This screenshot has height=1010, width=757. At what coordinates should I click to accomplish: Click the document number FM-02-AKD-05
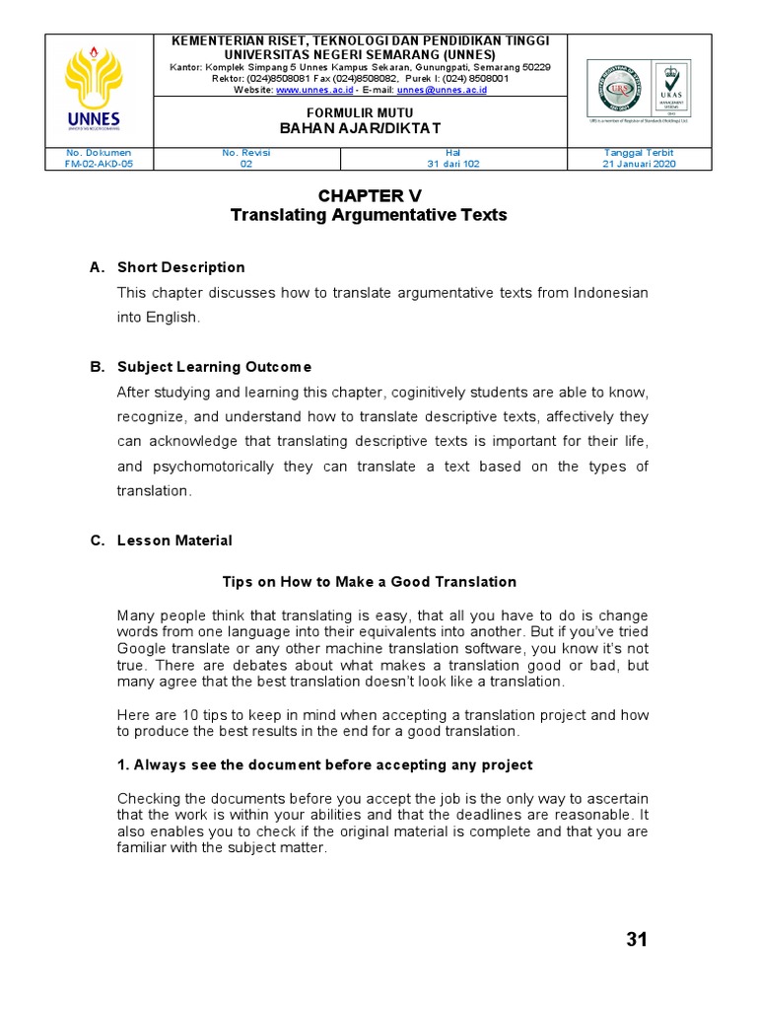pyautogui.click(x=99, y=165)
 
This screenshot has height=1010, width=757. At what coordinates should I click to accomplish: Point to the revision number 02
pyautogui.click(x=246, y=165)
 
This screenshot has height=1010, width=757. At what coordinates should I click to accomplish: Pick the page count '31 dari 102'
pyautogui.click(x=453, y=165)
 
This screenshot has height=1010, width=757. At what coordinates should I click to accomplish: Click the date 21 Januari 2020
pyautogui.click(x=639, y=165)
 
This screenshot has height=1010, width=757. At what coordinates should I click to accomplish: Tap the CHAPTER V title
pyautogui.click(x=369, y=195)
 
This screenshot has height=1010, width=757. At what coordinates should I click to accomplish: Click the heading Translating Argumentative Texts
pyautogui.click(x=369, y=215)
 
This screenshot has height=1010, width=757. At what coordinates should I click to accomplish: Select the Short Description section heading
pyautogui.click(x=180, y=267)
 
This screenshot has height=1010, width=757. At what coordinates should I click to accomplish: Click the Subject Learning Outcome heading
pyautogui.click(x=214, y=367)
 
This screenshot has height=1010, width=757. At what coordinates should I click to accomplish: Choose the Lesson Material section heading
pyautogui.click(x=174, y=541)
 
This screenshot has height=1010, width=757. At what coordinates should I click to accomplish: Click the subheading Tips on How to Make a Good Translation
pyautogui.click(x=370, y=582)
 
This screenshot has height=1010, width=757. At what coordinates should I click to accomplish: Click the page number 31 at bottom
pyautogui.click(x=637, y=940)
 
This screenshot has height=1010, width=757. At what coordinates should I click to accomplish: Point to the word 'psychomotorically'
pyautogui.click(x=210, y=467)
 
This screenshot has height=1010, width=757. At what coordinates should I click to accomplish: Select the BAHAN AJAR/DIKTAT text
pyautogui.click(x=360, y=129)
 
